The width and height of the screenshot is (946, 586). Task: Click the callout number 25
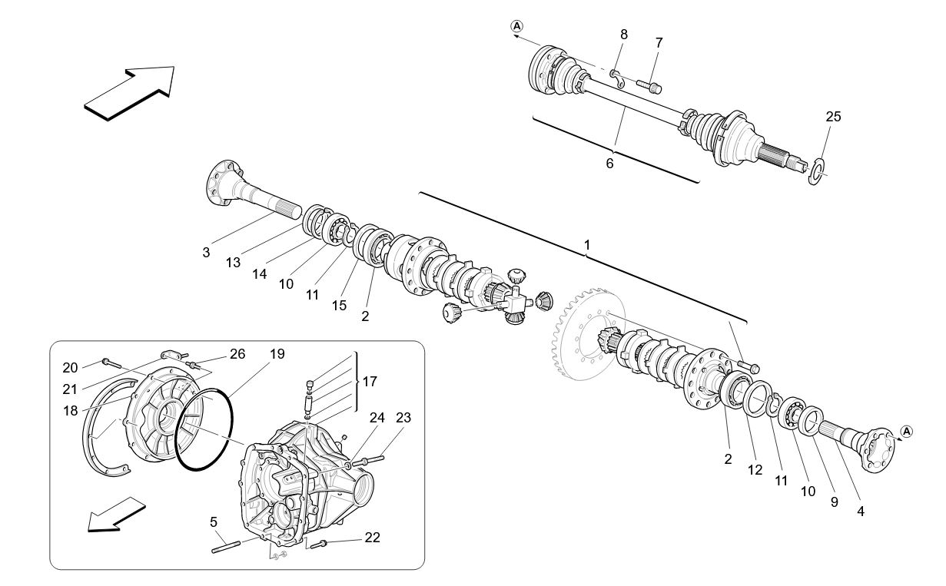[x=833, y=117]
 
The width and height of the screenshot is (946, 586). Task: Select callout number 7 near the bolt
[x=659, y=43]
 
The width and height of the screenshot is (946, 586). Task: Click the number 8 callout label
[x=623, y=34]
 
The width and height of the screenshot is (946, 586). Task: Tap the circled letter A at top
[x=516, y=26]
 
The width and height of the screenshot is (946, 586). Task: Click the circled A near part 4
[x=906, y=432]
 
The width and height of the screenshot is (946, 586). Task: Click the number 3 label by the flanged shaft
[x=206, y=252]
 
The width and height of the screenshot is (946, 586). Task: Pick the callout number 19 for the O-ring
[x=277, y=354]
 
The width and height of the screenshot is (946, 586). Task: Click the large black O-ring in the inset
[x=204, y=430]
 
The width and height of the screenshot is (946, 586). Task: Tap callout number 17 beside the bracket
[x=370, y=381]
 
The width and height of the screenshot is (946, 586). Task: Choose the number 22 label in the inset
[x=372, y=538]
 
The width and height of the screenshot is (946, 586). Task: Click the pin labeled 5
[x=227, y=547]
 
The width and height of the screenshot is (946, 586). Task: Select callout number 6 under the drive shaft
[x=609, y=163]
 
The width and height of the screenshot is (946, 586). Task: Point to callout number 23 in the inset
[x=404, y=419]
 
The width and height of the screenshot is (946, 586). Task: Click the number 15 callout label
[x=339, y=306]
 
